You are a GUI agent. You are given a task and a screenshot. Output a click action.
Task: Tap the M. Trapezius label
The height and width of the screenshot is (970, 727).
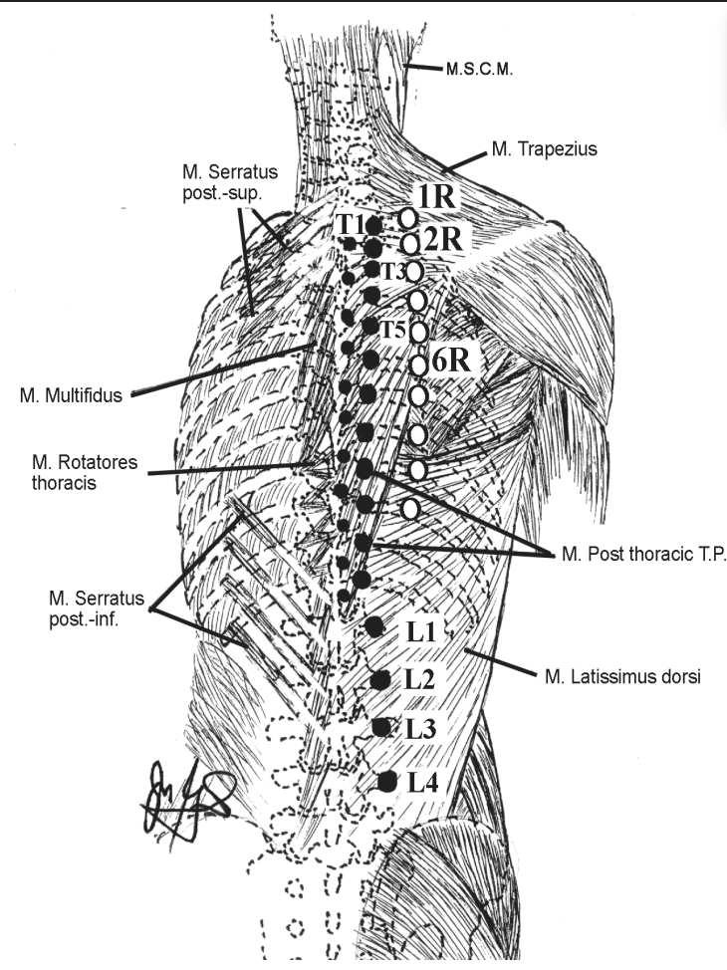click(541, 150)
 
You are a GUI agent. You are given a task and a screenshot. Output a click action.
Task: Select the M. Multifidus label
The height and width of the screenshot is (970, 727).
click(70, 395)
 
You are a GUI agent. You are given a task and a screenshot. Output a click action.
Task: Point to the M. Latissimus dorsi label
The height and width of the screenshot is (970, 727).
click(623, 678)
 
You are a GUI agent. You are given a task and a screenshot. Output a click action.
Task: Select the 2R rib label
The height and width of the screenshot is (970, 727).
click(440, 239)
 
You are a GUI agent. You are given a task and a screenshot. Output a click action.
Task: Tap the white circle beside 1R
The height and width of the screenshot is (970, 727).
click(407, 216)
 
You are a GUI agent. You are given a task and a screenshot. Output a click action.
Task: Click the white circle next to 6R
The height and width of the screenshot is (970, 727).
click(419, 365)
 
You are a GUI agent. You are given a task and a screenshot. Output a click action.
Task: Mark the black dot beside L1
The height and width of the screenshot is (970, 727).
click(374, 626)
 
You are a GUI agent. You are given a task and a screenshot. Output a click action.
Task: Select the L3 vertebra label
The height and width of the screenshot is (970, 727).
click(421, 727)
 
